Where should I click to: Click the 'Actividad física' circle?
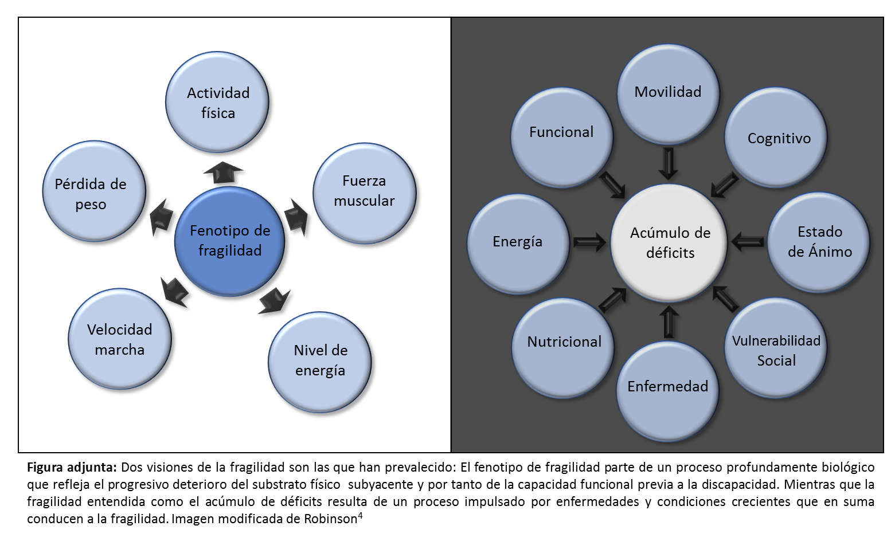pos(217,103)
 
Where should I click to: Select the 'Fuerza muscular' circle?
pos(364,191)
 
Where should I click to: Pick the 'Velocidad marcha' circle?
pos(119,339)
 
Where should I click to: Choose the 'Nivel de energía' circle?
pos(320,361)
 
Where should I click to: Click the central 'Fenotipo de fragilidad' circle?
pos(229,241)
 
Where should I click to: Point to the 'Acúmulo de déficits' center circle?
pos(669,242)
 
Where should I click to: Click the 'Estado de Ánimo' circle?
pos(819,242)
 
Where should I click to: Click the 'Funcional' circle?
pos(561,135)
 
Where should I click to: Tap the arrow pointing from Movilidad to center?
pos(668,163)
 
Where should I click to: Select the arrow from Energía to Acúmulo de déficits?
pos(589,242)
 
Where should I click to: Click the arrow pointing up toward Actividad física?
pos(222,172)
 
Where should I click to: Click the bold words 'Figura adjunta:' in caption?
pos(72,467)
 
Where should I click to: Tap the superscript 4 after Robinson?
pos(359,515)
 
